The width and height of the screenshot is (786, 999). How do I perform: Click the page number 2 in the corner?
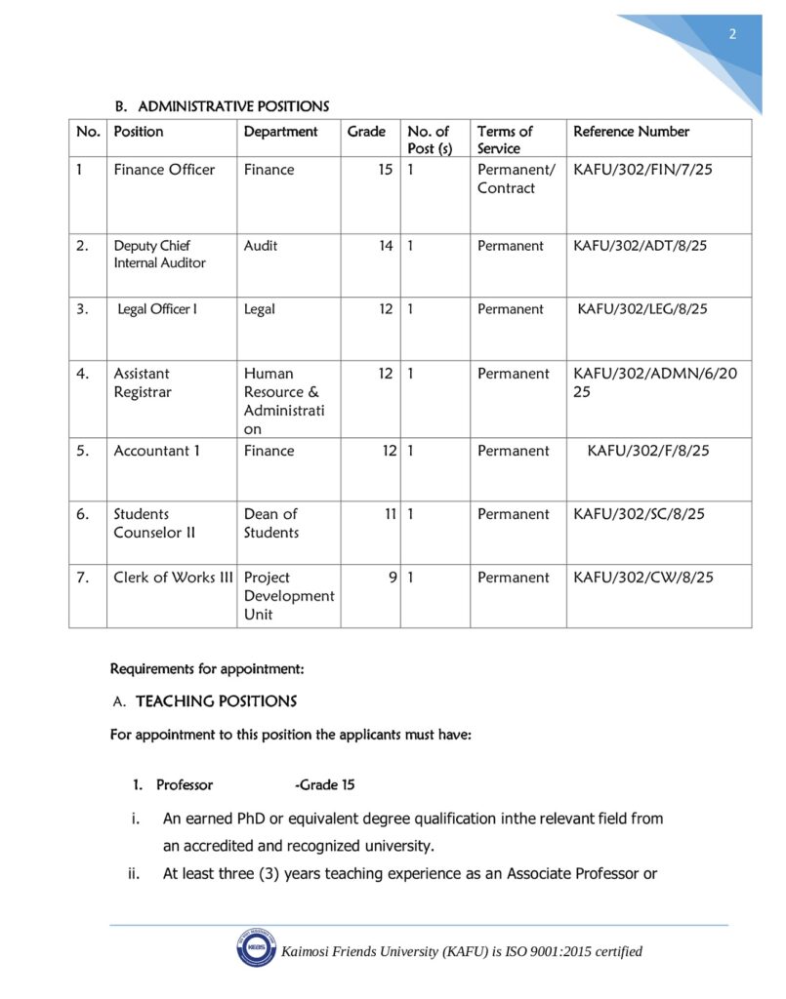[732, 35]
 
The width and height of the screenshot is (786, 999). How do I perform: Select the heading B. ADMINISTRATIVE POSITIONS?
[223, 106]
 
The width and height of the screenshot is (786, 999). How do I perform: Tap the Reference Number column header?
[631, 132]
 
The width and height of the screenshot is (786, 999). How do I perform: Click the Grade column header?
[366, 132]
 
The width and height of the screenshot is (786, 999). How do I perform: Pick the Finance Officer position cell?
[164, 170]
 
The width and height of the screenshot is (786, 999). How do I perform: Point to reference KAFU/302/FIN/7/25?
[642, 170]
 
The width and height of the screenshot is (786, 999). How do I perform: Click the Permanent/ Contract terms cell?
[516, 179]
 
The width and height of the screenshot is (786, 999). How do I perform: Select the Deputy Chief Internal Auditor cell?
[160, 255]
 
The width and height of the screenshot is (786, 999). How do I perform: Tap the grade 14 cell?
[386, 246]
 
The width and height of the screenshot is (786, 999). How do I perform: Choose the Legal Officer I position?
[157, 309]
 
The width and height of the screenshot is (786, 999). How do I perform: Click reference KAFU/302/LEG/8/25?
[642, 309]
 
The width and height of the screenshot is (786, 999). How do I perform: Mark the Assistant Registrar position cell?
[142, 382]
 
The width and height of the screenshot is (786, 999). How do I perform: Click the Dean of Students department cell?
[271, 523]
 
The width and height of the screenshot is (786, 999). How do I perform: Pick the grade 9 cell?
[392, 578]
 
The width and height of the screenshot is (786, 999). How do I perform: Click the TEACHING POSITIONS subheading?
[216, 701]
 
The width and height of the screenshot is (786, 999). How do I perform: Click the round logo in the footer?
[255, 949]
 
